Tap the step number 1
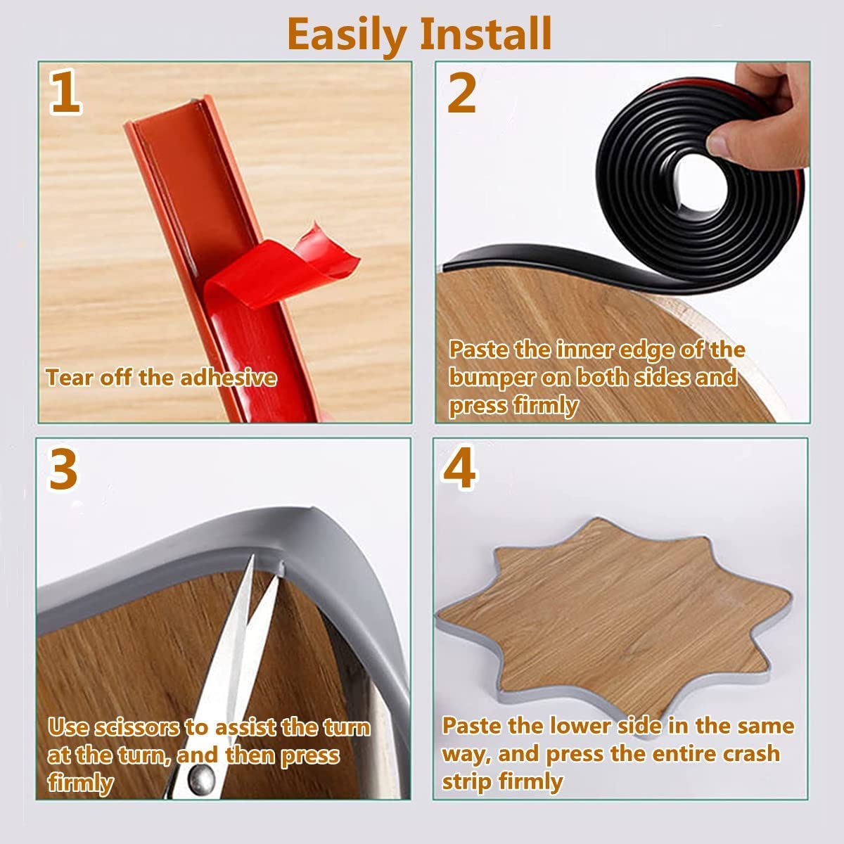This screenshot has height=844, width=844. pyautogui.click(x=65, y=94)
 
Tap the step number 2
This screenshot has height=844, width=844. pyautogui.click(x=461, y=94)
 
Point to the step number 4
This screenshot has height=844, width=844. pyautogui.click(x=459, y=469)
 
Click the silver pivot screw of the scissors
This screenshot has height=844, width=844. pyautogui.click(x=201, y=779)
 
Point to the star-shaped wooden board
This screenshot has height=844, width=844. pyautogui.click(x=613, y=619)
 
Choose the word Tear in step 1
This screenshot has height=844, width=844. pyautogui.click(x=70, y=378)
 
